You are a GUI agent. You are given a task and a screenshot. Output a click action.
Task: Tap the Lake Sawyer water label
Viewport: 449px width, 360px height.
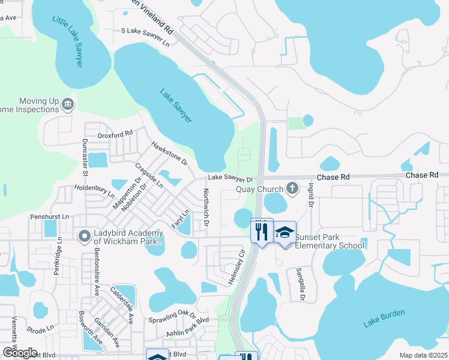(x=176, y=106)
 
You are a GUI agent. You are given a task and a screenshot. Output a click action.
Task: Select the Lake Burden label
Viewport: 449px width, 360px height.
(x=384, y=319)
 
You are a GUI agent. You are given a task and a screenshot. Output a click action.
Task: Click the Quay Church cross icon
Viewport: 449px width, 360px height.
(x=292, y=188)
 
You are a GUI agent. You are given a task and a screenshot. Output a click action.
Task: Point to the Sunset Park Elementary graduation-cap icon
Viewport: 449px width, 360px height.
(x=285, y=233)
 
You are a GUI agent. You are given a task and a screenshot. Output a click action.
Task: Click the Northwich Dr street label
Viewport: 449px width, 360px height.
(x=205, y=208)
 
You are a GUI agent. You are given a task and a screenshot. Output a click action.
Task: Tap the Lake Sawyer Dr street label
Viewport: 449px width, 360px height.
(x=231, y=178)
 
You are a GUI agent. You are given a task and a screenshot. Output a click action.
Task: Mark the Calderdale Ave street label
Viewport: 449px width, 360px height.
(x=121, y=305)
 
